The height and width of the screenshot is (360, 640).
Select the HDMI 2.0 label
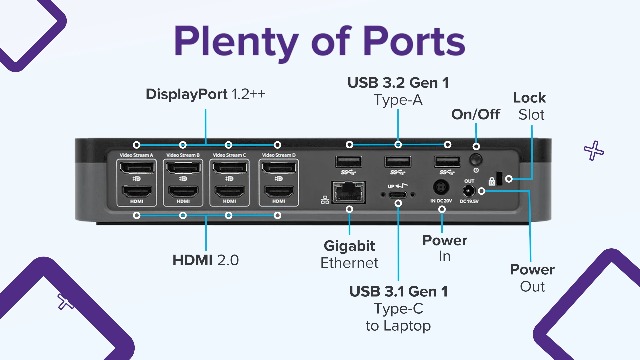tap(206, 260)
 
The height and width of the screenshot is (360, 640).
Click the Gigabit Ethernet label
tap(350, 254)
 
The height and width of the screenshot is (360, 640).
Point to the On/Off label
tap(475, 114)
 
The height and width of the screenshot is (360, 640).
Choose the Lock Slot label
tap(529, 106)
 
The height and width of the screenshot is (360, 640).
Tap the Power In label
tap(444, 248)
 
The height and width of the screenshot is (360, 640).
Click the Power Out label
tap(532, 278)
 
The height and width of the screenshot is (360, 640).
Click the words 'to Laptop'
tap(398, 326)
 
